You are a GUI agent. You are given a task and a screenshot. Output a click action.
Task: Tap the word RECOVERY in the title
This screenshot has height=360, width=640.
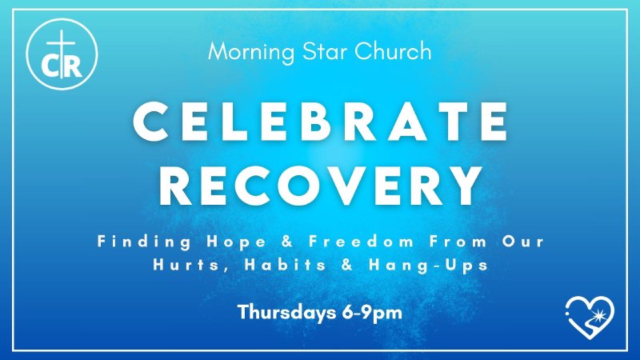pyautogui.click(x=320, y=186)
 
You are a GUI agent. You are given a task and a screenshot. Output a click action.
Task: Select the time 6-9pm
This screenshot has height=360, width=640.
pyautogui.click(x=370, y=312)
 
